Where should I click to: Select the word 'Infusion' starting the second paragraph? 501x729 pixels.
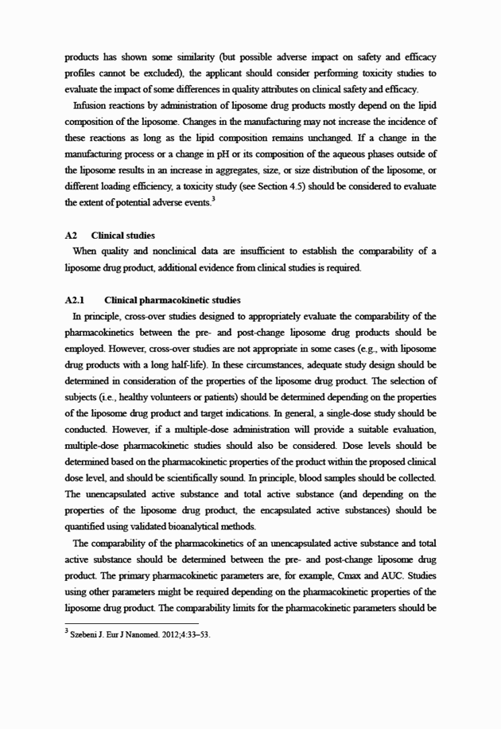point(91,105)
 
